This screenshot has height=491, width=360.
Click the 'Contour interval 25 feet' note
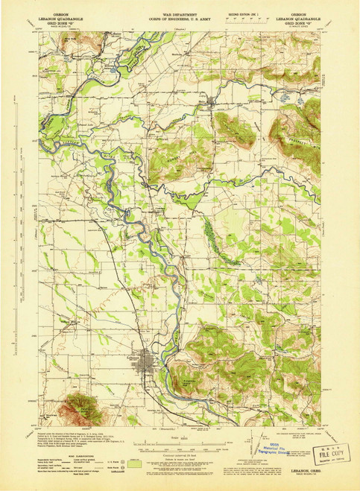tap(180, 454)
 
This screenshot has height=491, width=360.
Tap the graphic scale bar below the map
tap(180, 445)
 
